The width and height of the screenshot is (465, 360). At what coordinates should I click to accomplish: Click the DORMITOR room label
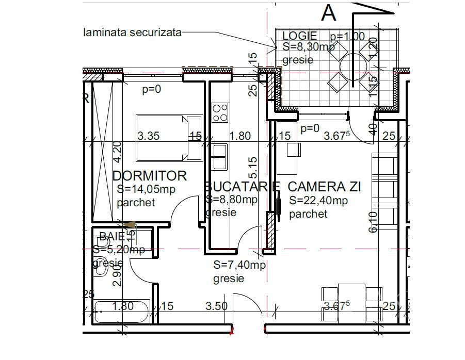149,175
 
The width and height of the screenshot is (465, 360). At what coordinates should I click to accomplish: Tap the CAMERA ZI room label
324,186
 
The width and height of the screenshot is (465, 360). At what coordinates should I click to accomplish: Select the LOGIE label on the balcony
299,36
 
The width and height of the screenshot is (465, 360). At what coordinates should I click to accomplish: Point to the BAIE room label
111,237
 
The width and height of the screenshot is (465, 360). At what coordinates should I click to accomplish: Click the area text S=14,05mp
146,189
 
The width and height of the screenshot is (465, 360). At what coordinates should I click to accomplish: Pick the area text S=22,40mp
318,201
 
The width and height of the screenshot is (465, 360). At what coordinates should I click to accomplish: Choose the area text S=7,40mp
239,266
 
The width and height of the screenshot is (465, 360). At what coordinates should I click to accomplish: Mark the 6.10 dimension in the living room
373,222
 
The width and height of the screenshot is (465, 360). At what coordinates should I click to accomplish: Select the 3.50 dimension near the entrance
216,306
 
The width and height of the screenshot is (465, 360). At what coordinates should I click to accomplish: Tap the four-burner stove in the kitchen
220,112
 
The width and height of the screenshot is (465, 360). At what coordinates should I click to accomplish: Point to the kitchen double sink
219,157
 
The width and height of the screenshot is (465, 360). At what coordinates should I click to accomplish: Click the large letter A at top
329,12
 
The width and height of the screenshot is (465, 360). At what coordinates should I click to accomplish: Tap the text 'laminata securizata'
133,32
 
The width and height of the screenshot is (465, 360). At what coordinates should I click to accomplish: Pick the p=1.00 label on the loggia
347,36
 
